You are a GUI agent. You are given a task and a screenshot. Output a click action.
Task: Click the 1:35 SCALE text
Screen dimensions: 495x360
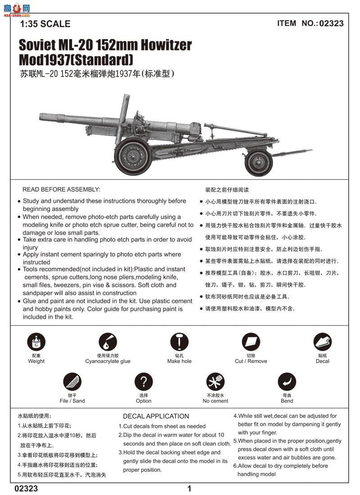[x=45, y=24]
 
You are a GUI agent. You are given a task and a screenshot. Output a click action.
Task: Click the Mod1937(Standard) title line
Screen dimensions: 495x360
[x=76, y=59]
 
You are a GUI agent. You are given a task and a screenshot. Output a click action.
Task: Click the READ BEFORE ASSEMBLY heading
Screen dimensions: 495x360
[x=61, y=190]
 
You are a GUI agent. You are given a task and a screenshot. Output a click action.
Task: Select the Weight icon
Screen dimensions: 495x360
[x=36, y=343]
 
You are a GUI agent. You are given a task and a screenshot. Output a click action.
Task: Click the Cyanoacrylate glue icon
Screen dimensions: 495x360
[x=108, y=343]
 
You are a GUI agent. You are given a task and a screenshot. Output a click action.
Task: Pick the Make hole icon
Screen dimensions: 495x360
[x=179, y=343]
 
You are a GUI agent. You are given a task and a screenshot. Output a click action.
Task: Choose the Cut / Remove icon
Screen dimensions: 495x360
[x=251, y=343]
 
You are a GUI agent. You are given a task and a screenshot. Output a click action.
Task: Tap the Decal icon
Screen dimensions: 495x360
[x=322, y=343]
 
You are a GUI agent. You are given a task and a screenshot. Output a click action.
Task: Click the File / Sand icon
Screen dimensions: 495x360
[x=72, y=382]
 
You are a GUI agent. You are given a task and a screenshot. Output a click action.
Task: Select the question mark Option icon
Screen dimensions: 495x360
[x=144, y=382]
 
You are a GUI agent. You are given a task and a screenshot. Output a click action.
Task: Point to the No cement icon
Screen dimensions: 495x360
[x=215, y=382]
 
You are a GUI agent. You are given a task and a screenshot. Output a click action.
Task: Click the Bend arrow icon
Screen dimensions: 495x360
[x=287, y=382]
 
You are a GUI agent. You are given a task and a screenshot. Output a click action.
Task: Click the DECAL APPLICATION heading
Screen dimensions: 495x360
[x=156, y=416]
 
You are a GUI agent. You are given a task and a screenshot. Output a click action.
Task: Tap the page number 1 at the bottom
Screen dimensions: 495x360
[x=189, y=489]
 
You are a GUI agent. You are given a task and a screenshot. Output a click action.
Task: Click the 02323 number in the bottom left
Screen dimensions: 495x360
[x=26, y=489]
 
